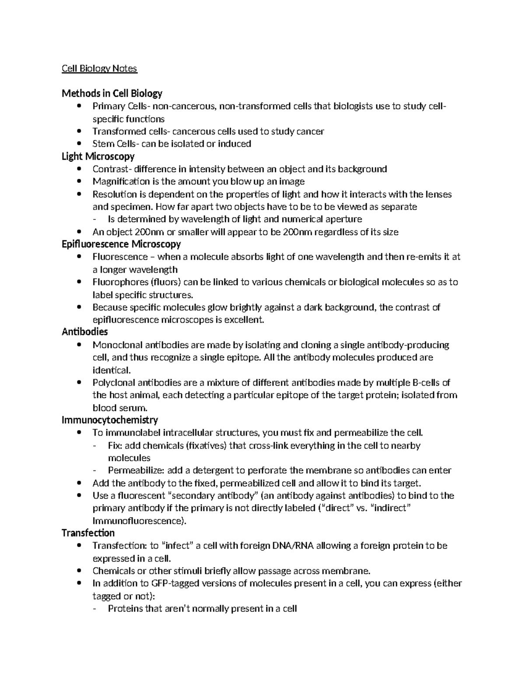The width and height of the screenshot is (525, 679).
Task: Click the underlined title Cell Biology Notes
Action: pos(99,69)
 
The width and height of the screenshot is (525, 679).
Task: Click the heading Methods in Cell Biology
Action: pos(112,93)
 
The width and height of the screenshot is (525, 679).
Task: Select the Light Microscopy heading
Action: pos(98,156)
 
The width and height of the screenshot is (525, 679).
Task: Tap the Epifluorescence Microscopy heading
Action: pos(121,244)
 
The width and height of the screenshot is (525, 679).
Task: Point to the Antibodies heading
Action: pos(85,332)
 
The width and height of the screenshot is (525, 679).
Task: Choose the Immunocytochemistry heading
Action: pos(110,420)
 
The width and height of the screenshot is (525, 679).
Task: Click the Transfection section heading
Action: pos(88,533)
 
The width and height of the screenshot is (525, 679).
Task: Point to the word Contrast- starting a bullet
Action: pos(112,169)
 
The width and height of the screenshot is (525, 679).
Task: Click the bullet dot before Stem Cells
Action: pos(79,143)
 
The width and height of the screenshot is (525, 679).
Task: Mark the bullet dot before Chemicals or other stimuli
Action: pos(79,571)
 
